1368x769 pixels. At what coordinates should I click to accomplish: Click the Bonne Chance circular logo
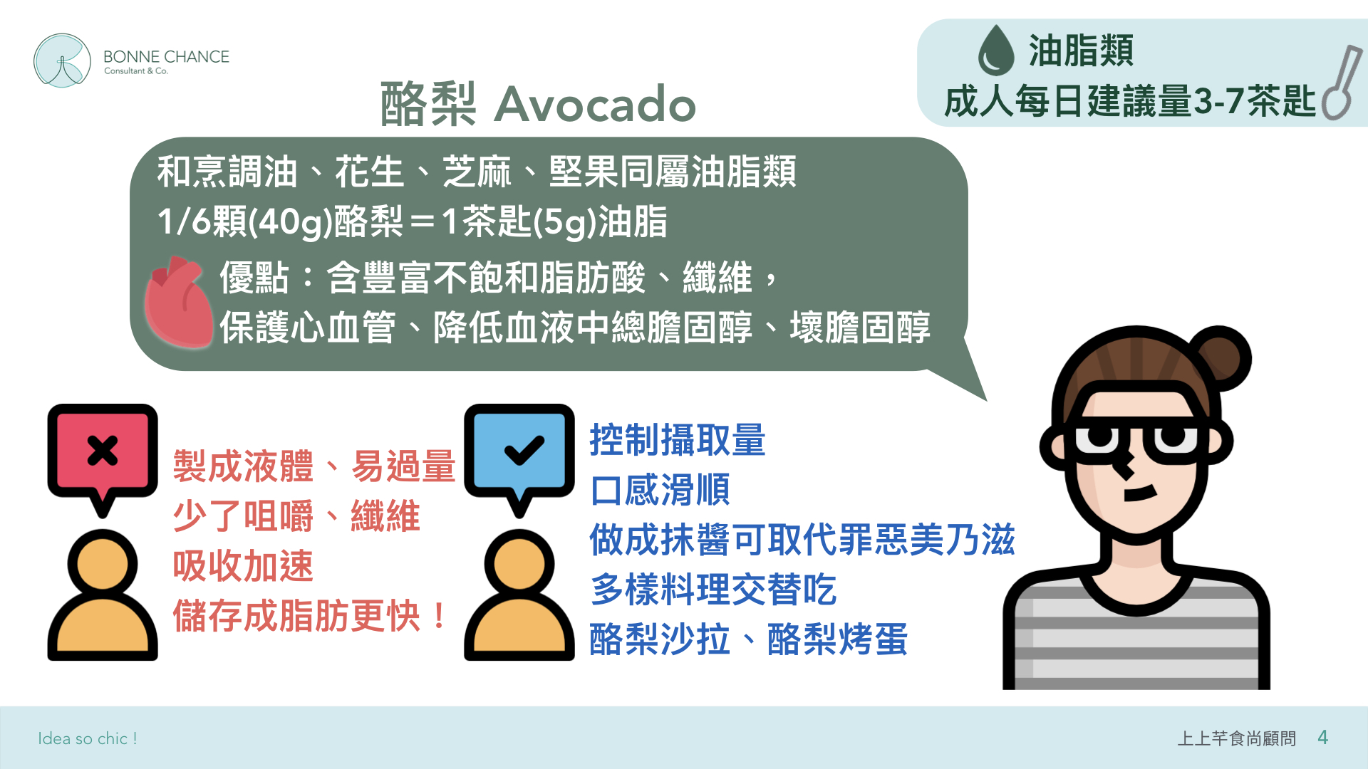tap(63, 61)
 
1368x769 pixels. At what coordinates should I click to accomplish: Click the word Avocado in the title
tap(595, 104)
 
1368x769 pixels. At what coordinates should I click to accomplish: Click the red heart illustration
tap(179, 302)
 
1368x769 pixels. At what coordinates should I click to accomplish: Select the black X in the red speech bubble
tap(103, 451)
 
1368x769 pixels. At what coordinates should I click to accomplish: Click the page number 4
tap(1323, 738)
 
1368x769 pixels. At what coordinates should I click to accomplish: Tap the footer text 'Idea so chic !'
tap(88, 738)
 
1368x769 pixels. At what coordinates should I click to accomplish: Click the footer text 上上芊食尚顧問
tap(1236, 738)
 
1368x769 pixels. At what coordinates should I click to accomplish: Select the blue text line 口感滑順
tap(660, 490)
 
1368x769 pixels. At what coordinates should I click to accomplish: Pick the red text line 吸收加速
tap(243, 566)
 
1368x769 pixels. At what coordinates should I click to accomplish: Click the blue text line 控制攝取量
tap(678, 440)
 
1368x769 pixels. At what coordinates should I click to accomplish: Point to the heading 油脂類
tap(1081, 51)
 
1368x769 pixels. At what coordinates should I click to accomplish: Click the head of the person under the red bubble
tap(103, 564)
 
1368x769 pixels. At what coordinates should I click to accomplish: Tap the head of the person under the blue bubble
tap(519, 564)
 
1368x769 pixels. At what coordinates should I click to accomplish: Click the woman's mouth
tap(1140, 493)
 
